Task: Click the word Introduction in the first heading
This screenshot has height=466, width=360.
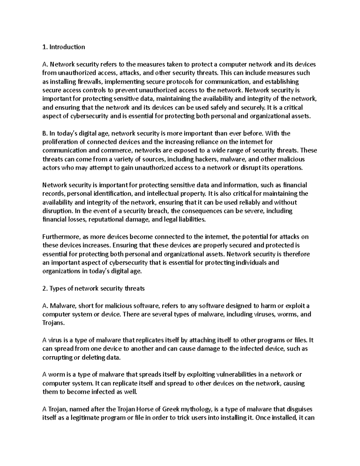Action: click(67, 47)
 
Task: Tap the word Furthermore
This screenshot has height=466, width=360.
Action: click(60, 237)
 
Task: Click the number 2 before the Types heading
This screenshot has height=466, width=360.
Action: click(44, 289)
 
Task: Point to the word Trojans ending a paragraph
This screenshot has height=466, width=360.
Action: click(53, 323)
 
